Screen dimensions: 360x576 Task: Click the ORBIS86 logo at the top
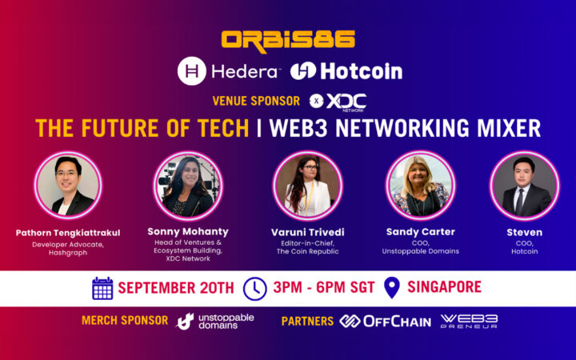288,39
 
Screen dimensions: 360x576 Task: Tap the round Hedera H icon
192,71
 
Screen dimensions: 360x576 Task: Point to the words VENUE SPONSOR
256,102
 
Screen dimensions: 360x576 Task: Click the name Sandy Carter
420,232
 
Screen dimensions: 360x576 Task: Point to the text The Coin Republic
307,251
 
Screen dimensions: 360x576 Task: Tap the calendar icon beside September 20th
102,288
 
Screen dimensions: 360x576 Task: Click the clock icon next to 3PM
254,288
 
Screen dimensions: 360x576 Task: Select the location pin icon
392,288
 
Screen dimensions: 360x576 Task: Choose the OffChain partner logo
385,321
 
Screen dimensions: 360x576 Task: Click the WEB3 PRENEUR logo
469,321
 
